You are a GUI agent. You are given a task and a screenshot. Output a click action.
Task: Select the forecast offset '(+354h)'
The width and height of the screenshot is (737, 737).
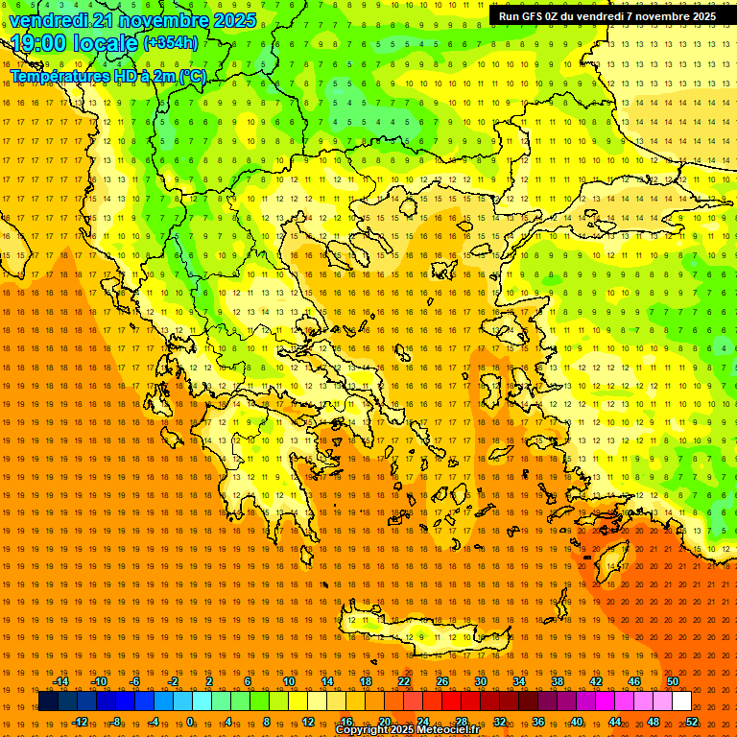click(x=171, y=43)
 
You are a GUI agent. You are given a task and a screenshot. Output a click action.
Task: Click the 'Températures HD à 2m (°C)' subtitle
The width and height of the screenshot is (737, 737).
click(x=108, y=76)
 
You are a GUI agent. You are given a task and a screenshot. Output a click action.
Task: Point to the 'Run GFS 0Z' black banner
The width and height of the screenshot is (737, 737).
click(x=606, y=16)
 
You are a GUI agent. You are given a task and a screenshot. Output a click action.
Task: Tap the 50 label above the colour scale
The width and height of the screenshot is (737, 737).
click(x=673, y=681)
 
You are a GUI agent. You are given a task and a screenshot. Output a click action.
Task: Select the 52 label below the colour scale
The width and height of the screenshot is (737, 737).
click(x=692, y=722)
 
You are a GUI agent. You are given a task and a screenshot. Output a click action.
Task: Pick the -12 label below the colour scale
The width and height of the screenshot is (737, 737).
click(x=80, y=722)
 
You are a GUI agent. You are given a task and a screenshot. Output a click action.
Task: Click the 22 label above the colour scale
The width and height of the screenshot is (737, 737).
click(x=404, y=681)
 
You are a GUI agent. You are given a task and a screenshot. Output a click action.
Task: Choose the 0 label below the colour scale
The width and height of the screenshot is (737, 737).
click(x=190, y=722)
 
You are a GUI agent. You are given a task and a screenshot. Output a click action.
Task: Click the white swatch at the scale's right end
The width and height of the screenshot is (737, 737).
click(x=682, y=701)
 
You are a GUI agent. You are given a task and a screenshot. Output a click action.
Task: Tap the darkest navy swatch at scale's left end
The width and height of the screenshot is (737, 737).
click(x=48, y=701)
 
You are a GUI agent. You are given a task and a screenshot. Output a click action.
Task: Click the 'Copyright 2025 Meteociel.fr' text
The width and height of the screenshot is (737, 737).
click(x=407, y=730)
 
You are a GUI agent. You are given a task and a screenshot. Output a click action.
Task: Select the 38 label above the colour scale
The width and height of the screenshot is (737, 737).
click(x=558, y=681)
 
